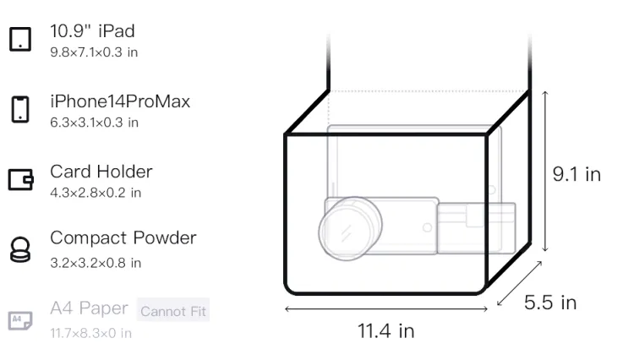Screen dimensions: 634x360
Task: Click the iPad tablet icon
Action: [x=20, y=39]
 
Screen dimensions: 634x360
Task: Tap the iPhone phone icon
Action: [x=20, y=109]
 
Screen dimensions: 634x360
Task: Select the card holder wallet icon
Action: [x=20, y=179]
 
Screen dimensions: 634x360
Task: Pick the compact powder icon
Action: [x=19, y=250]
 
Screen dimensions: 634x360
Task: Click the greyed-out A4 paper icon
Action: [x=20, y=320]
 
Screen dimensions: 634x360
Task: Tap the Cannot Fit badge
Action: [x=173, y=311]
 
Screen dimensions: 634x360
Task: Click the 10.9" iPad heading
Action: [x=92, y=31]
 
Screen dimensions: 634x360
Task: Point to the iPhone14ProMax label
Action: [x=120, y=101]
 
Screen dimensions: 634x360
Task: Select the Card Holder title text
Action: [x=101, y=172]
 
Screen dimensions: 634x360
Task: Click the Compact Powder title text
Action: [x=123, y=238]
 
